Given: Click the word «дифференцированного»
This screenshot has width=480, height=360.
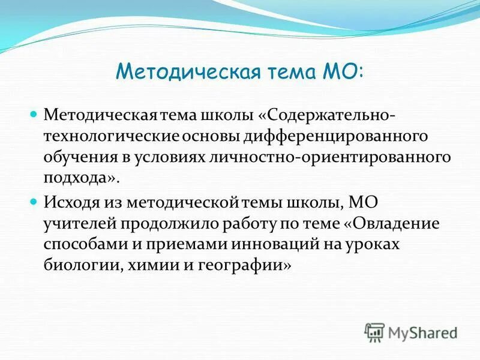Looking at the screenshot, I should (x=335, y=135).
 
